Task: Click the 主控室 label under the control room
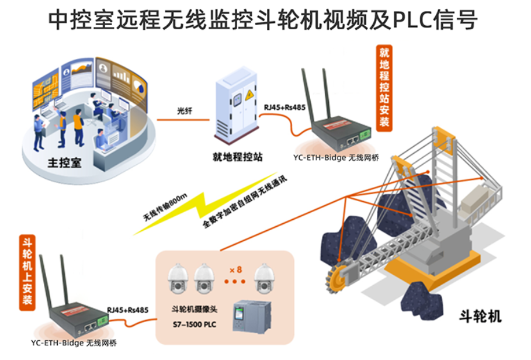[64, 163]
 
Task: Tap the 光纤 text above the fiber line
[185, 110]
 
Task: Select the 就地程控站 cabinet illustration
[237, 105]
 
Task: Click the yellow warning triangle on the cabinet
[249, 95]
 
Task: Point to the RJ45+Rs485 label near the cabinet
[284, 108]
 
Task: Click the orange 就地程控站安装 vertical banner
[384, 88]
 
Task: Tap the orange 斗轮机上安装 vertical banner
[27, 272]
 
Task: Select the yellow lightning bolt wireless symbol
[204, 203]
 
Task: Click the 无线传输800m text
[165, 207]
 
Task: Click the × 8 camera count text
[235, 269]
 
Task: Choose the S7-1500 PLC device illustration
[252, 316]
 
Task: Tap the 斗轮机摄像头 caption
[195, 309]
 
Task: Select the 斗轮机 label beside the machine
[480, 316]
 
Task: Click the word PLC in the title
[412, 20]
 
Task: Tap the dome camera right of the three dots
[264, 278]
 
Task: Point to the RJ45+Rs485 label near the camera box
[128, 310]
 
